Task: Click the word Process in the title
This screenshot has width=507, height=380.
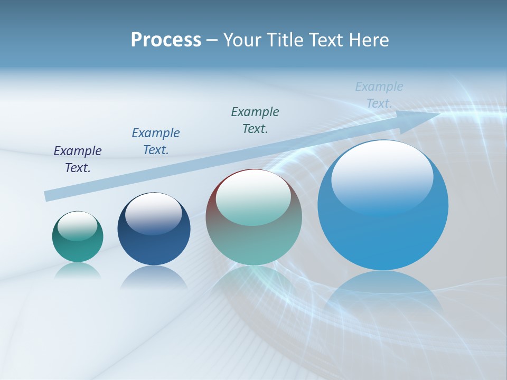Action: pos(166,40)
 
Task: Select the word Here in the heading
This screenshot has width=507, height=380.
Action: pos(370,40)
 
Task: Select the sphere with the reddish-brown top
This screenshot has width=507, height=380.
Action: pos(253,232)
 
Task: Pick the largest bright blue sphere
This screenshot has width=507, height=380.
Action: pos(383,232)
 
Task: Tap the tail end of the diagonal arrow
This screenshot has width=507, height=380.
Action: pos(46,196)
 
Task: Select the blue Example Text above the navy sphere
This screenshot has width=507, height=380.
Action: pos(156,141)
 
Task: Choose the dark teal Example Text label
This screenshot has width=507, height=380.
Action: pos(255,120)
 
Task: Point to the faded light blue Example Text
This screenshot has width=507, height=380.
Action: pos(379,95)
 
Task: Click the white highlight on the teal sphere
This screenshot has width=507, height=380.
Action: pos(78,225)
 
